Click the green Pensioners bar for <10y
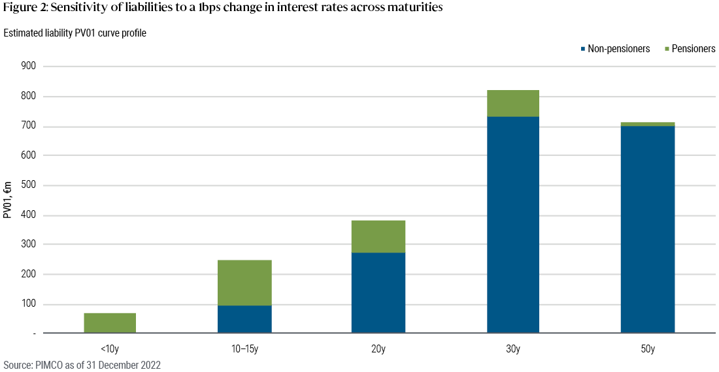click(x=110, y=323)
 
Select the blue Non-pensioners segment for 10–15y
click(x=245, y=319)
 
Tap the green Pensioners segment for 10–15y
click(x=245, y=283)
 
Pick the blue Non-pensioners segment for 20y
click(x=378, y=293)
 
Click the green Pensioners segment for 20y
click(x=378, y=236)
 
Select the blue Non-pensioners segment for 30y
click(x=513, y=225)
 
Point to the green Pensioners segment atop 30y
click(x=513, y=103)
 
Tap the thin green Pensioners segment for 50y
click(x=648, y=124)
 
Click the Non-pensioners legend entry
click(x=618, y=49)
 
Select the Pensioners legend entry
click(x=694, y=49)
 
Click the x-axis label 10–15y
click(x=245, y=349)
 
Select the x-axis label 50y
click(x=648, y=349)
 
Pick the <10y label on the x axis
click(x=110, y=349)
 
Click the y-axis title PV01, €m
click(x=8, y=200)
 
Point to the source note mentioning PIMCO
click(x=82, y=365)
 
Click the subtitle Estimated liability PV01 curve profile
click(x=75, y=33)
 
